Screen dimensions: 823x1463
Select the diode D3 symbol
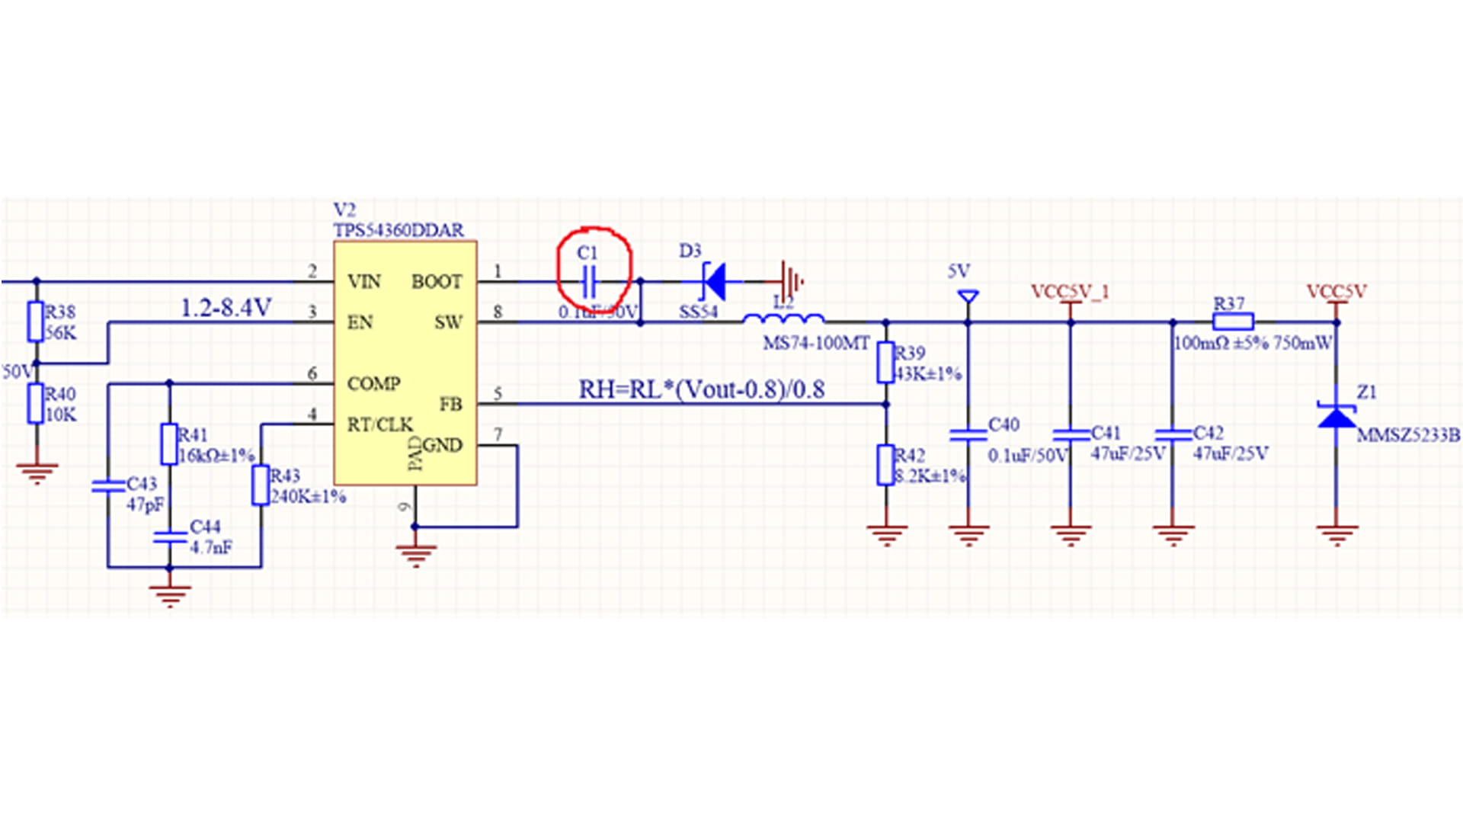click(714, 281)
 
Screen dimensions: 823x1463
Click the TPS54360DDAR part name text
click(399, 230)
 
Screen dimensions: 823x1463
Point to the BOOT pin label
click(437, 282)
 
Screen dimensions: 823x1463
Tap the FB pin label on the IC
click(450, 405)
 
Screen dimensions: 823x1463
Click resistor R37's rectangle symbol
click(1232, 322)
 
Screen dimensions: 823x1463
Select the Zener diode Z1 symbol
click(1337, 416)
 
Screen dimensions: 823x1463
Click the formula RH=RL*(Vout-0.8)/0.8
click(702, 390)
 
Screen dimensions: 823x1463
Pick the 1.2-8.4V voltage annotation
click(226, 308)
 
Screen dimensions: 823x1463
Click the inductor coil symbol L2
click(783, 319)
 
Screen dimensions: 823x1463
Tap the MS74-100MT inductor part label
click(816, 344)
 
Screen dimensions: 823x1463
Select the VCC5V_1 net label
click(1070, 292)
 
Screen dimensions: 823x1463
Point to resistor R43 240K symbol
click(261, 486)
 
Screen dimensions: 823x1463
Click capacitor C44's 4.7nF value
click(211, 548)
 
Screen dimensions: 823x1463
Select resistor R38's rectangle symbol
click(36, 322)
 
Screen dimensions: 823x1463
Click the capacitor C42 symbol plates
click(1173, 435)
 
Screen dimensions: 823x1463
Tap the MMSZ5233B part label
click(1408, 436)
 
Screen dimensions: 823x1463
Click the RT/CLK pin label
click(379, 424)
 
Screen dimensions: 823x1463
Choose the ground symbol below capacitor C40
click(968, 535)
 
